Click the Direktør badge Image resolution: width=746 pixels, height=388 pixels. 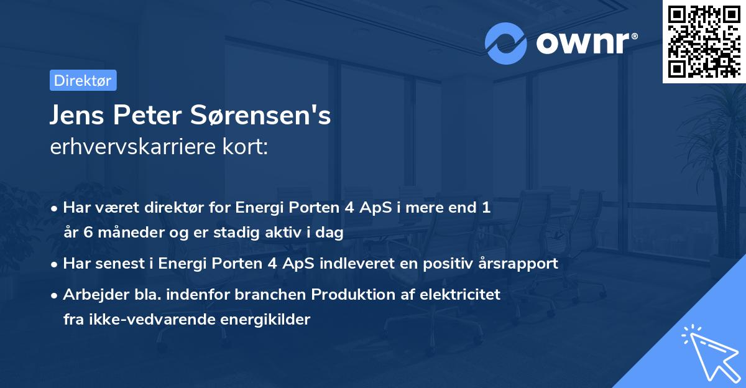click(x=83, y=80)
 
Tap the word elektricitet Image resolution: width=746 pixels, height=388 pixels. click(x=463, y=294)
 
